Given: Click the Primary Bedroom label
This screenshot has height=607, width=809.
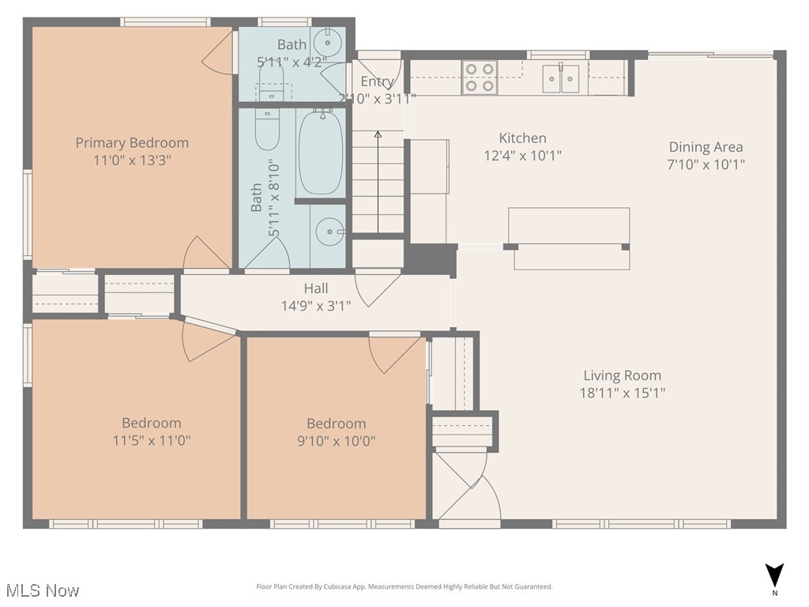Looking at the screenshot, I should click(132, 143).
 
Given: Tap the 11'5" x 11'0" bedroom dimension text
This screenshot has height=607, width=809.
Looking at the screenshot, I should click(152, 440).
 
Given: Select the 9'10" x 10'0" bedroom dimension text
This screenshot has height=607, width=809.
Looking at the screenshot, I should click(337, 440).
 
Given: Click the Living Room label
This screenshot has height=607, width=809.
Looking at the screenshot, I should click(622, 375).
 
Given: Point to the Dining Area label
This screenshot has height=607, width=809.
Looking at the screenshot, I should click(706, 147).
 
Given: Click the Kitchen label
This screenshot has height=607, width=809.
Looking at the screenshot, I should click(522, 138).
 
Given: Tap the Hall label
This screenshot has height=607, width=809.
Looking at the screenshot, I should click(316, 288).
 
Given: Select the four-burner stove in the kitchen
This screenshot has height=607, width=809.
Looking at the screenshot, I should click(479, 78).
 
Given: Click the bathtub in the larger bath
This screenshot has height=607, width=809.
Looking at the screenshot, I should click(321, 153).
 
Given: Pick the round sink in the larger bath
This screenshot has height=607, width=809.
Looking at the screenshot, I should click(327, 232).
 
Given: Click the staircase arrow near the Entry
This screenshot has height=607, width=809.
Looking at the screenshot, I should click(378, 182).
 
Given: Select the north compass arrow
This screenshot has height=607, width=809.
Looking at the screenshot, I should click(774, 575).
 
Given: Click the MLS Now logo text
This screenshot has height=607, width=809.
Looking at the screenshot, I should click(42, 590).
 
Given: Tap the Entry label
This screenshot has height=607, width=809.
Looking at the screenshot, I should click(377, 81).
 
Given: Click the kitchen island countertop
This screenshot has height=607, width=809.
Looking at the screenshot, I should click(568, 226).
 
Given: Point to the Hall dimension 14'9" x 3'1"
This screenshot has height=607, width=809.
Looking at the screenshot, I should click(316, 305).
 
